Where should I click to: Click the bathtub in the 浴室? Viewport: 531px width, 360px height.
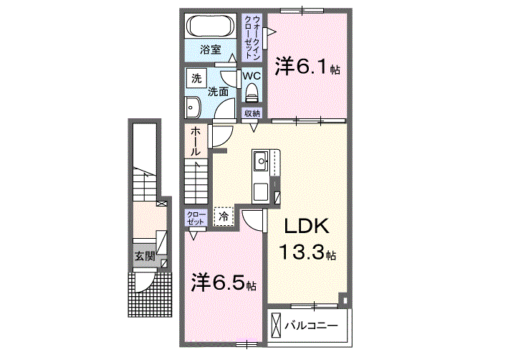211,26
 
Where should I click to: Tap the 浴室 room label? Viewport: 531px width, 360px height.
210,49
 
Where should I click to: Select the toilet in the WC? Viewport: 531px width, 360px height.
252,93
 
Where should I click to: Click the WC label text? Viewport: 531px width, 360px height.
252,75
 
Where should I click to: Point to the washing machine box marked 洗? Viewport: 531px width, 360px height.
196,78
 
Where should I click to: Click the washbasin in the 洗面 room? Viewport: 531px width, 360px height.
193,108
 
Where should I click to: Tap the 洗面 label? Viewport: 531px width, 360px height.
217,92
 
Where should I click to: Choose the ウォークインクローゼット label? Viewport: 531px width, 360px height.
252,37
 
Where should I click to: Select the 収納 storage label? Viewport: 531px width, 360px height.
252,113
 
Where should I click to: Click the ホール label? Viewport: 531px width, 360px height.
196,141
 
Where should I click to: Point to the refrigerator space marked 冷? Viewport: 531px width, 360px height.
224,217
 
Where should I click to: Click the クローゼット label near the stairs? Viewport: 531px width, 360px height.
196,217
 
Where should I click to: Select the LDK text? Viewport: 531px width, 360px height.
307,226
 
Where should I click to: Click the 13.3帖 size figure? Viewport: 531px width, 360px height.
307,252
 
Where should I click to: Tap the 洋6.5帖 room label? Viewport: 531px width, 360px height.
224,282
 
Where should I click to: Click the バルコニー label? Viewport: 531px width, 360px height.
311,326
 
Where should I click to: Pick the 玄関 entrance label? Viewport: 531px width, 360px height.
145,256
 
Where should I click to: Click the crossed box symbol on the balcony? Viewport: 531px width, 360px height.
277,326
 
